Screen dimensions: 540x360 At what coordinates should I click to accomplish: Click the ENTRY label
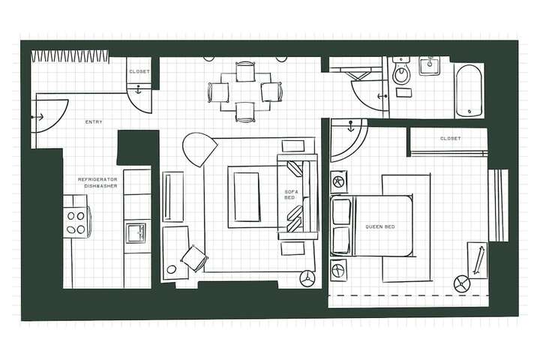[94, 121]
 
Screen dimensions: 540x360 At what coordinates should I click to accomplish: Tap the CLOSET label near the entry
[139, 71]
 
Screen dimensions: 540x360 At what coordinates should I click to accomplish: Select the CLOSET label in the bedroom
[450, 139]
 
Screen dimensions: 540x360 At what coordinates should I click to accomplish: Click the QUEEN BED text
[379, 226]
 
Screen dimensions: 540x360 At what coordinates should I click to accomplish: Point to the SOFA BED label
[291, 196]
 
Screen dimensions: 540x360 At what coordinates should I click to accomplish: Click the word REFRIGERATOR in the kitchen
[97, 180]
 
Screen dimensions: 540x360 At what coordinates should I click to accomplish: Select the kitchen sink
[136, 232]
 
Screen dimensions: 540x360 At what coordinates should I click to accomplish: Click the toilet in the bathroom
[401, 73]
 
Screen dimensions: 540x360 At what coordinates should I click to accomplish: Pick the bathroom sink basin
[430, 66]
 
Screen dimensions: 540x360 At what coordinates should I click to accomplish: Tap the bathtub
[469, 90]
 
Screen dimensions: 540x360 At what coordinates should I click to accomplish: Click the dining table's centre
[246, 91]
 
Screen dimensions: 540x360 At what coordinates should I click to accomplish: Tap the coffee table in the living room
[246, 196]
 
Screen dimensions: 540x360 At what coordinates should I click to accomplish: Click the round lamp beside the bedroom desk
[461, 283]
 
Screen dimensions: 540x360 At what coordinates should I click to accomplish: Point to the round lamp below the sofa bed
[307, 277]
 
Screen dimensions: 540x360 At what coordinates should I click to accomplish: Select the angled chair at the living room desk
[193, 258]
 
